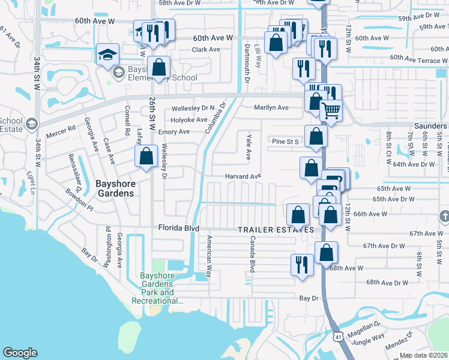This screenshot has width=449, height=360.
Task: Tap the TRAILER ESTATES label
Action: (276, 230)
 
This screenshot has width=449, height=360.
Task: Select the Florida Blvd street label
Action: (178, 228)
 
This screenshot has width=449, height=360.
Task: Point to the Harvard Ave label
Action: (243, 176)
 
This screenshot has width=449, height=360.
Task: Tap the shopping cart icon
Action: (331, 110)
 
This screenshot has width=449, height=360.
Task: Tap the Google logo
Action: (20, 353)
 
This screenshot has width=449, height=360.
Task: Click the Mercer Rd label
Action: (62, 128)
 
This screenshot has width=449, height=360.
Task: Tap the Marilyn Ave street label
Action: (271, 107)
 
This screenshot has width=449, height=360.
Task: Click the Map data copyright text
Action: (424, 355)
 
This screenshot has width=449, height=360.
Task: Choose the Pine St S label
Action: (285, 142)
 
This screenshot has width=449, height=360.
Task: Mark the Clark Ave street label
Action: (206, 49)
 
